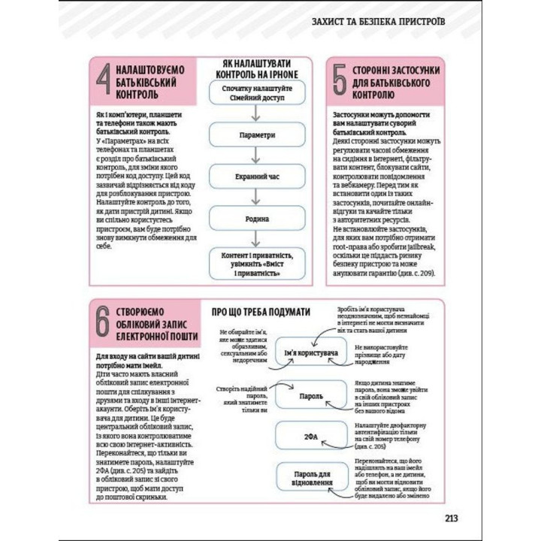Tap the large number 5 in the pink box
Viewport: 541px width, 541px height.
tap(340, 83)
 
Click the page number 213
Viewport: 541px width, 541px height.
tap(451, 517)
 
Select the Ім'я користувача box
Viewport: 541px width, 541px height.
tap(310, 352)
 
